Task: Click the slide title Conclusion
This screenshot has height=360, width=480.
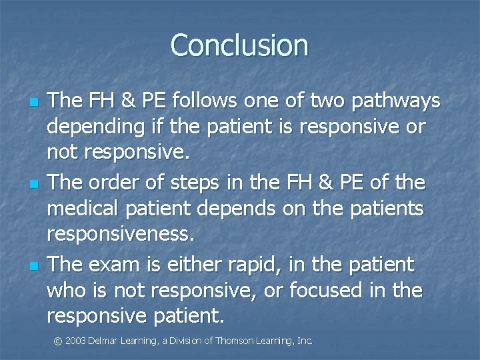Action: click(239, 45)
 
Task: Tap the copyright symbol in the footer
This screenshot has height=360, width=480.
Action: click(58, 341)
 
